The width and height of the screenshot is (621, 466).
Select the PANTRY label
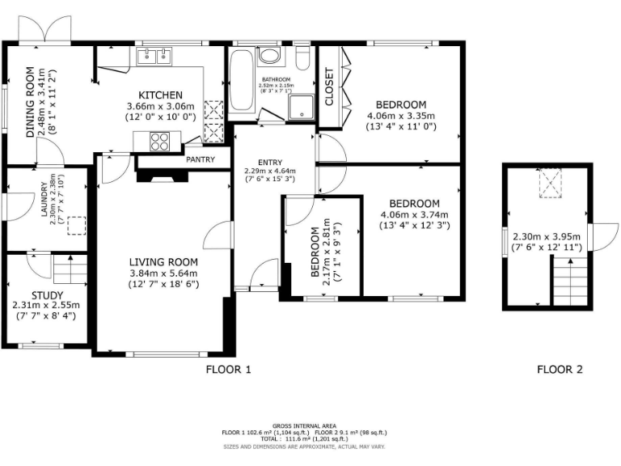(201, 159)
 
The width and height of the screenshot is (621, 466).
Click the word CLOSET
(329, 87)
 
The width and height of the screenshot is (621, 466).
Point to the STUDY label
(47, 295)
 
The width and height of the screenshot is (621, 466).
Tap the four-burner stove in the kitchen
(159, 141)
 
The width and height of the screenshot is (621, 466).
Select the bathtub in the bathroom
(241, 84)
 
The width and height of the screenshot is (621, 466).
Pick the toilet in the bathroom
(303, 58)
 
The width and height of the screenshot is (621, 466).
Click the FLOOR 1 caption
(228, 370)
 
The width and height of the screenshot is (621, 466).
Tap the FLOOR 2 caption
(560, 370)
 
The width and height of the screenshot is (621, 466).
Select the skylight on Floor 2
(551, 184)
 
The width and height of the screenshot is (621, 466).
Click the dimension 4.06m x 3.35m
(401, 116)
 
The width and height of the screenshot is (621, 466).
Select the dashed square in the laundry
(78, 225)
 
